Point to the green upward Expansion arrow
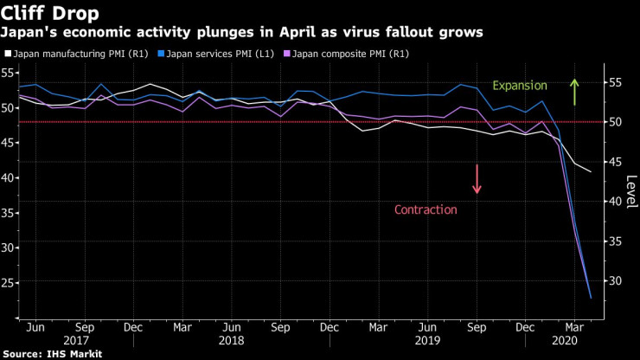click(x=573, y=92)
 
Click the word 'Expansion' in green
click(x=520, y=86)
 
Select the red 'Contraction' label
click(x=425, y=209)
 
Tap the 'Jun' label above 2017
click(x=35, y=328)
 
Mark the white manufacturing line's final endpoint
click(x=591, y=171)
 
